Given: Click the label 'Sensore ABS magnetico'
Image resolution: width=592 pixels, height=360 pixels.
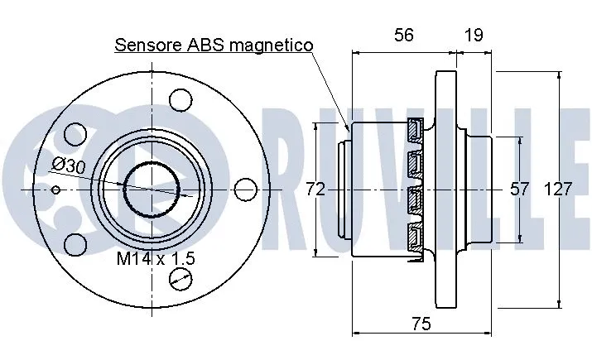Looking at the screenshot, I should click(214, 45).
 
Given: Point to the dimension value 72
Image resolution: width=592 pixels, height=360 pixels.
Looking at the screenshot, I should click(315, 189).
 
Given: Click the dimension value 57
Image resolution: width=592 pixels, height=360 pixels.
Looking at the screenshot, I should click(519, 189).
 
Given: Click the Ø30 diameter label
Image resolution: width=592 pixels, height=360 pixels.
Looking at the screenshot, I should click(67, 166).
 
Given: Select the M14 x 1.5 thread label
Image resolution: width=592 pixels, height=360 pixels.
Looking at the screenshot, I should click(155, 259).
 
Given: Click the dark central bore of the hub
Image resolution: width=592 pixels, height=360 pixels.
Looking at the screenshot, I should click(152, 190).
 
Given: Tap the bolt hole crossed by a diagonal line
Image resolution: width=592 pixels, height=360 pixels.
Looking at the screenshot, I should click(178, 281).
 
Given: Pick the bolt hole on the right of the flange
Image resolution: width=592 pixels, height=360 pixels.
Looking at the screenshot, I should click(245, 190).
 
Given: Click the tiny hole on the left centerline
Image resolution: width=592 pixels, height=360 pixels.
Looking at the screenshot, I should click(55, 190).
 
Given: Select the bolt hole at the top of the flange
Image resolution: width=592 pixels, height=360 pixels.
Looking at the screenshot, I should click(178, 98).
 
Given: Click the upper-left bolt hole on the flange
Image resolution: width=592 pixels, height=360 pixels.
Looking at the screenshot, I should click(75, 133).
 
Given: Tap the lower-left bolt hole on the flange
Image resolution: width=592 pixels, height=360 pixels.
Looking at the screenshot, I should click(75, 245).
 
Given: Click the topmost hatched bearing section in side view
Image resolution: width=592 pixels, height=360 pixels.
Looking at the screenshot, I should click(414, 130).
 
